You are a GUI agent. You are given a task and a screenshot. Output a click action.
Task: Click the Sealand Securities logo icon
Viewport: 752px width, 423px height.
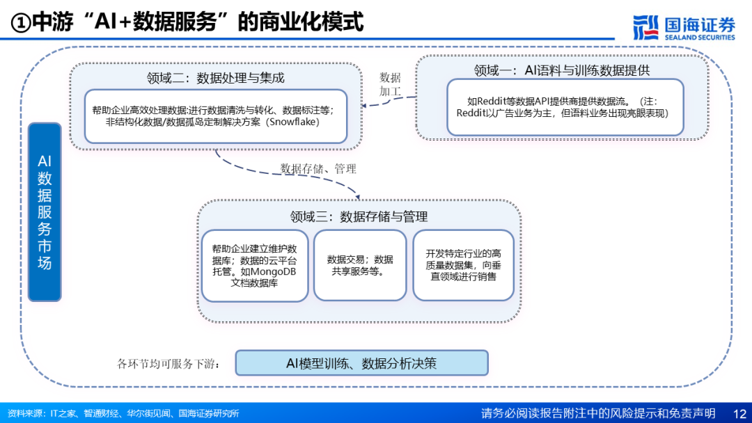646,27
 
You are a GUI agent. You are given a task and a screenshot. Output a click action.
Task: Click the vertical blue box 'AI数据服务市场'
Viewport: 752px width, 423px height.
45,212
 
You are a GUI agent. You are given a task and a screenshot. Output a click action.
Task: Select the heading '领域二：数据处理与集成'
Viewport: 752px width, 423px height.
216,77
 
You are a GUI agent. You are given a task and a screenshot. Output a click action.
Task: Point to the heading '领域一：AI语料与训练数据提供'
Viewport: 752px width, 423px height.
562,70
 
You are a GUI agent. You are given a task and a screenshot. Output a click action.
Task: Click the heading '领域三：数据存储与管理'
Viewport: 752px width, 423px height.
359,216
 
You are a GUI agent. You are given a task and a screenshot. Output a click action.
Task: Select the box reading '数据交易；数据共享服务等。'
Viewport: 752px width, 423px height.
360,265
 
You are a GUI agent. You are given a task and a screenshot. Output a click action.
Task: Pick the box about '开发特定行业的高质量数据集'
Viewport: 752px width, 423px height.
464,265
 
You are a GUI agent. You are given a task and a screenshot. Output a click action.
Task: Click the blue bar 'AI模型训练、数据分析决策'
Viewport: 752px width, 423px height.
361,362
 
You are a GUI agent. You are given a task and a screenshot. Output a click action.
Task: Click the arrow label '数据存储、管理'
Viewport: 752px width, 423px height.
318,169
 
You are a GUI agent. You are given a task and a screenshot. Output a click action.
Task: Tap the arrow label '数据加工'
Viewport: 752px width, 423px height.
390,84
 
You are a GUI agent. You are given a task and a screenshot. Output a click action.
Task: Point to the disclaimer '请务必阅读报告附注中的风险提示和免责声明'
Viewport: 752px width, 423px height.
598,413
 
